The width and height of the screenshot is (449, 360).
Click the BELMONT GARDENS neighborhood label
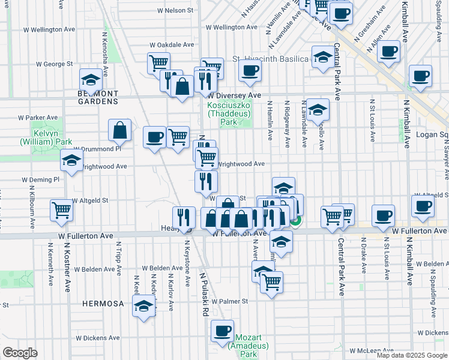point(98,98)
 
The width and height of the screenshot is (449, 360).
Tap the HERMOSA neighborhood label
point(103,304)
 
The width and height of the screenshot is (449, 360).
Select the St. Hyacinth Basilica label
point(270,59)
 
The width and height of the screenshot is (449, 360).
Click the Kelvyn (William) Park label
point(41,137)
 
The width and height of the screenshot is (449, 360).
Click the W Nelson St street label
point(175,10)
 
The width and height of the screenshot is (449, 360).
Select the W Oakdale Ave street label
point(172,44)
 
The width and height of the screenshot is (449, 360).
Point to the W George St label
point(54,63)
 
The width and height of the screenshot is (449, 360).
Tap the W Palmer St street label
point(229,301)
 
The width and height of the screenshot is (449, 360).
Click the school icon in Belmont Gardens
point(90,80)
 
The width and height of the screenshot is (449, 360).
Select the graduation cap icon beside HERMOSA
point(143,305)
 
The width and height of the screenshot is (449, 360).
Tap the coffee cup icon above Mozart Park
point(222,330)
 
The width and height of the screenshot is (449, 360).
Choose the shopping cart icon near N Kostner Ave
point(61,209)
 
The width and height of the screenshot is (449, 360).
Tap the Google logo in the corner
point(20,352)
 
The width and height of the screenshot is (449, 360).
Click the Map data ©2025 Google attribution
point(412,355)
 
